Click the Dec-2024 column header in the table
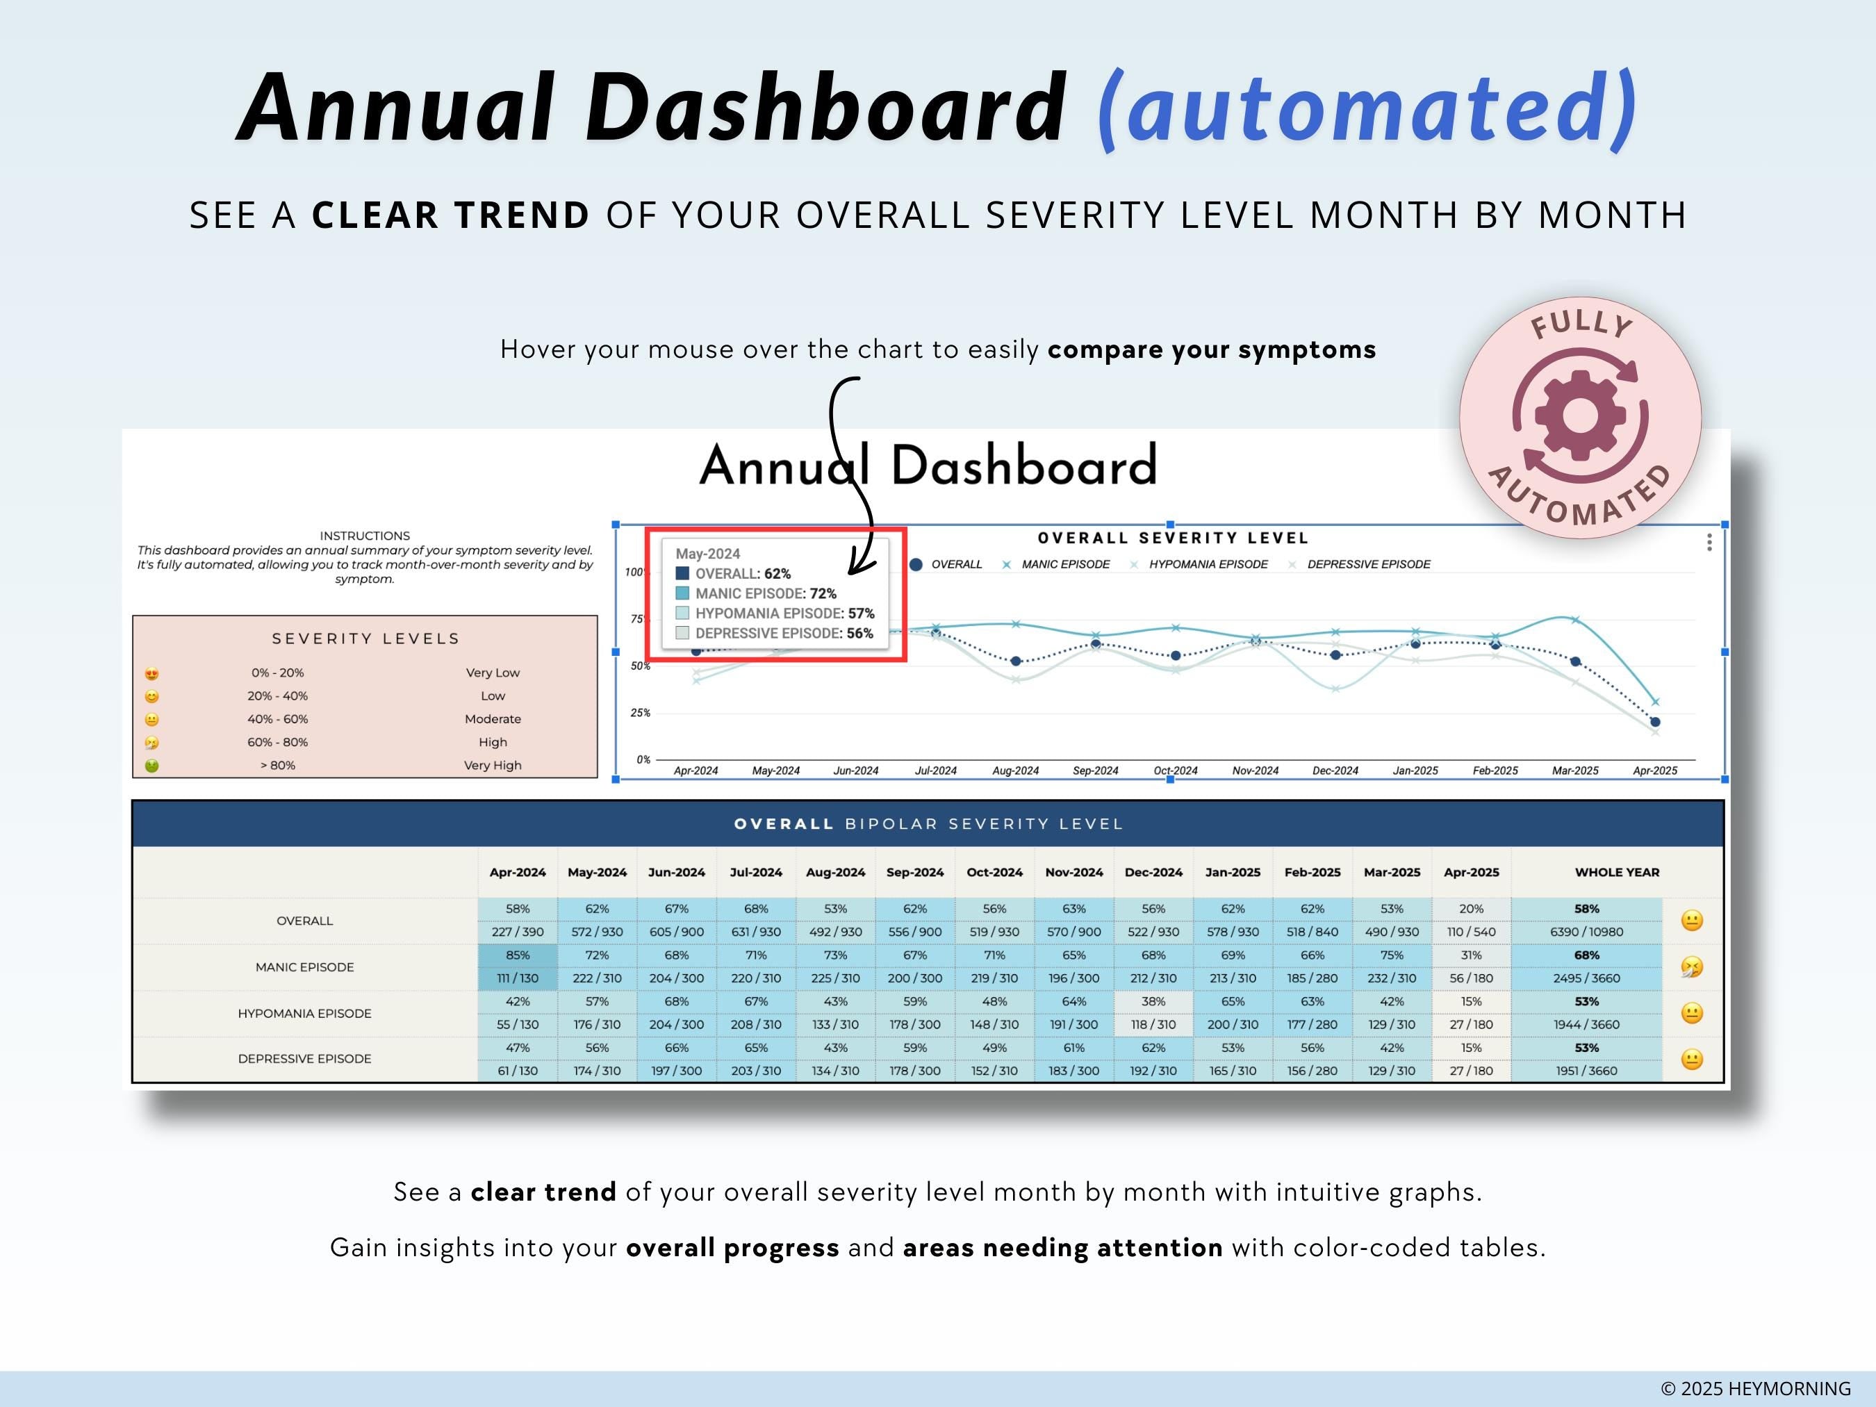1153,872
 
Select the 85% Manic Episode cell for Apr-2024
518,955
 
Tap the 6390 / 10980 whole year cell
1586,931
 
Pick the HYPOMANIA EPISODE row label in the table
304,1014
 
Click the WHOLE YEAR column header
1616,872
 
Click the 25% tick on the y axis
641,712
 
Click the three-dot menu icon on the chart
1709,543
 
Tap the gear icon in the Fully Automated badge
1579,415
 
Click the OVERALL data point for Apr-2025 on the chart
1654,722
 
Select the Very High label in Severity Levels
492,765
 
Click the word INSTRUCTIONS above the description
365,536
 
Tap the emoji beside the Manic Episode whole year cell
1691,967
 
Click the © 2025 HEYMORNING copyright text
1756,1388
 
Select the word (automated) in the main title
1367,108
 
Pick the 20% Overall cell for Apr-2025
1472,908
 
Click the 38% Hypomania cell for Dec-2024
1153,1002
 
